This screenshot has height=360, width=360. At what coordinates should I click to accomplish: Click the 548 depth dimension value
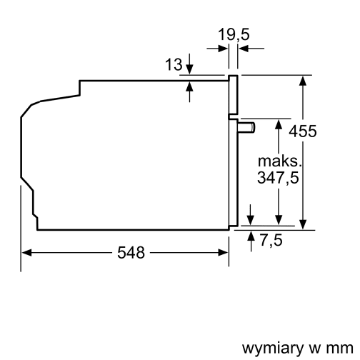click(x=130, y=252)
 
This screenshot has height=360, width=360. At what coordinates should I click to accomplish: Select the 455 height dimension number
click(x=303, y=131)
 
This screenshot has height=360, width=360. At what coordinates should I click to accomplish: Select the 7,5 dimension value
click(x=270, y=241)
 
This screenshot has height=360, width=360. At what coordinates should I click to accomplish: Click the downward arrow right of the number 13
click(x=189, y=69)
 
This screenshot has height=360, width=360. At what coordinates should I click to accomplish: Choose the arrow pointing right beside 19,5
click(x=222, y=49)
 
